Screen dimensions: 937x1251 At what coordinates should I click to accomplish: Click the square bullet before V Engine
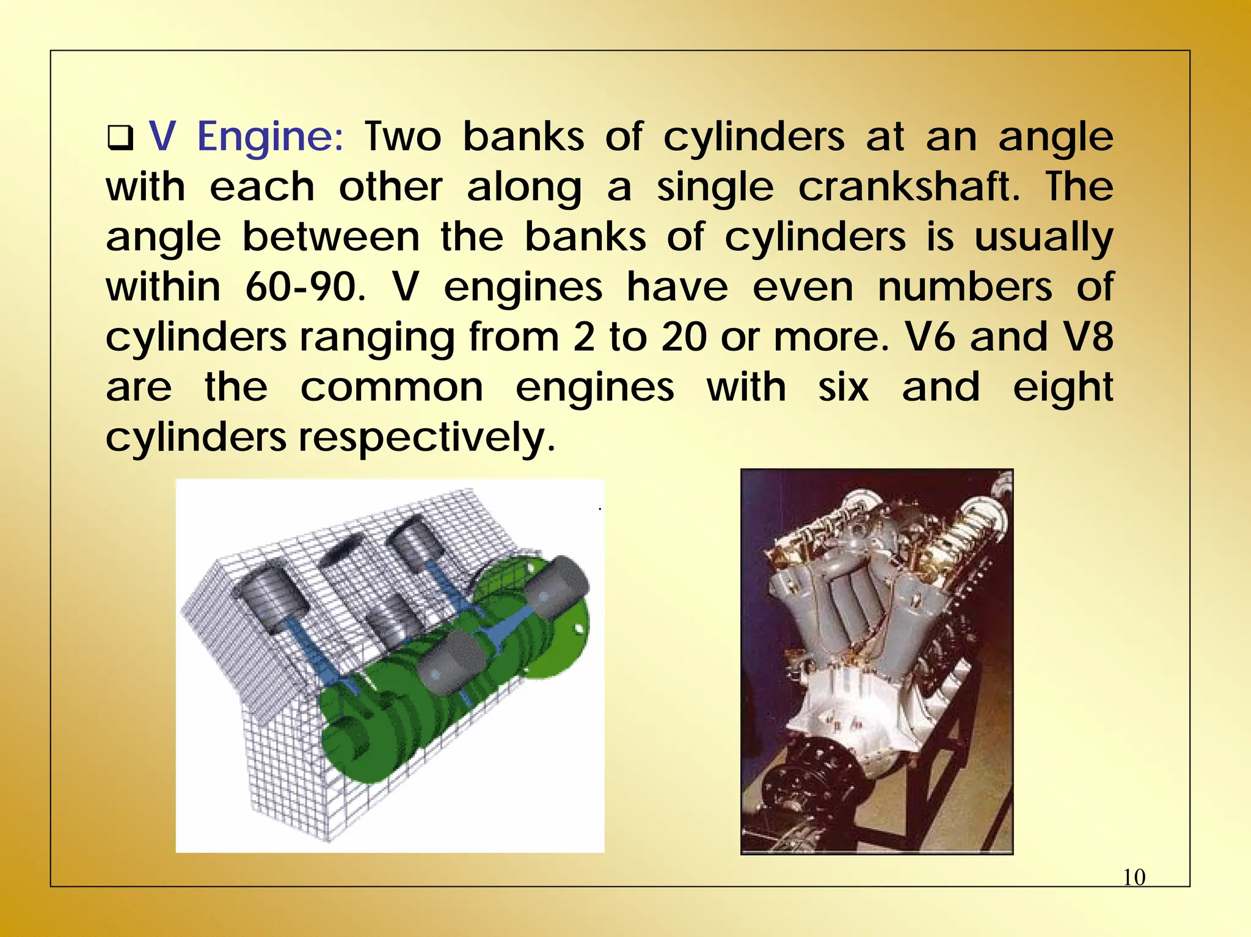point(120,138)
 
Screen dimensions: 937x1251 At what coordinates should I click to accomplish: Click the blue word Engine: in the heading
point(271,137)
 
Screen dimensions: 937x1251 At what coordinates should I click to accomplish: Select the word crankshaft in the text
point(908,187)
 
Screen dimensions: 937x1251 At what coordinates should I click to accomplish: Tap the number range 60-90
point(304,287)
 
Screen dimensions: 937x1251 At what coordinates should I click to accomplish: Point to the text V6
point(928,337)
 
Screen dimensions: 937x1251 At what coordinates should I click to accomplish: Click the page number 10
point(1134,878)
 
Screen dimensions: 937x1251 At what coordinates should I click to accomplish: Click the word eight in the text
point(1063,388)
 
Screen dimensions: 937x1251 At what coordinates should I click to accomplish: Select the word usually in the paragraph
point(1043,237)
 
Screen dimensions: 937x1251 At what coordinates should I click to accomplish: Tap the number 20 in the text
point(684,337)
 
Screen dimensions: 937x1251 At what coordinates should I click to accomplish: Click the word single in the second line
point(715,187)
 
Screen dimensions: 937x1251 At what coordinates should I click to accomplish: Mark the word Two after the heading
point(403,137)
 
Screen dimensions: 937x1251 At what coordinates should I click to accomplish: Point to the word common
point(392,388)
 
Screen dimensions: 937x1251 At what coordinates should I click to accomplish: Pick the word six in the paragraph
point(843,388)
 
